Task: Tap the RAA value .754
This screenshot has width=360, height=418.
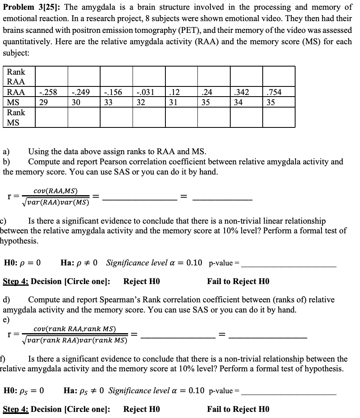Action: click(x=274, y=92)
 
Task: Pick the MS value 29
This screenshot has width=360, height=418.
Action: click(x=44, y=102)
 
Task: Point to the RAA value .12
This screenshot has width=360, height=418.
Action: click(x=174, y=92)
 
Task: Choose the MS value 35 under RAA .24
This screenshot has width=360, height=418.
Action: click(x=206, y=102)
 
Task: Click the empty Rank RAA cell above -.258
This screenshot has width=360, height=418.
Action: click(x=51, y=77)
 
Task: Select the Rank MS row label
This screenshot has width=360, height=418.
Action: click(x=16, y=117)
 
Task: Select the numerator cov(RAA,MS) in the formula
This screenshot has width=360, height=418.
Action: click(x=56, y=191)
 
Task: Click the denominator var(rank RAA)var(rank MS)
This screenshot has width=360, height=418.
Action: click(x=74, y=340)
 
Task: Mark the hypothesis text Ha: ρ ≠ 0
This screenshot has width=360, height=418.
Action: click(x=79, y=263)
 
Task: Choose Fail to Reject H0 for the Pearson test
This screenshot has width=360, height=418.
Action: click(x=238, y=281)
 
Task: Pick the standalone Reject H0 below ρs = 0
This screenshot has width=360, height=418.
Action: click(x=141, y=409)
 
